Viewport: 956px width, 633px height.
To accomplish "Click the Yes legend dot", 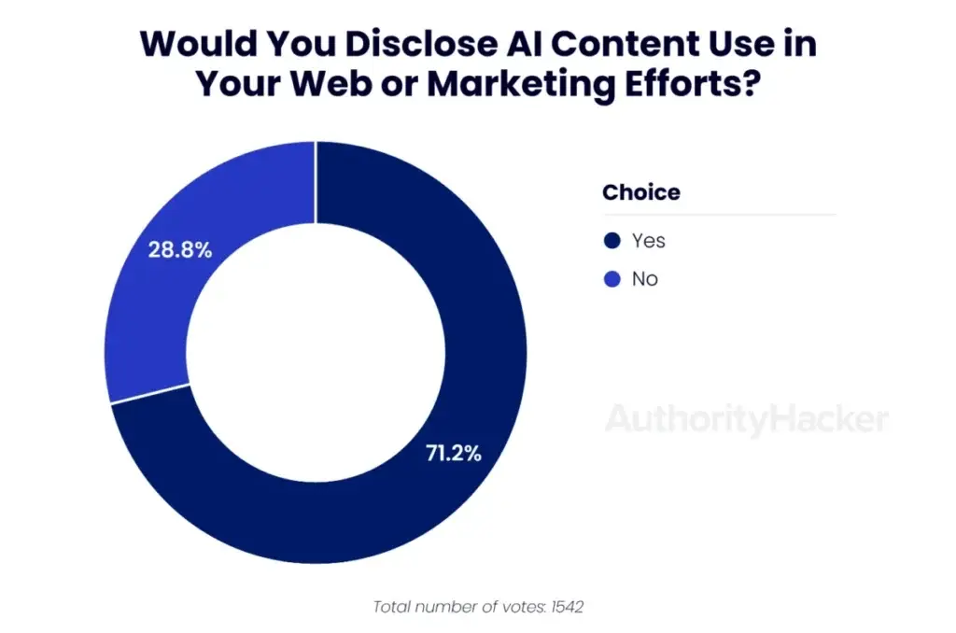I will (612, 241).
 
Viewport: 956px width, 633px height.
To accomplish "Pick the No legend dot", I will (612, 278).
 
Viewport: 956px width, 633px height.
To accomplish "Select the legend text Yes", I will (648, 241).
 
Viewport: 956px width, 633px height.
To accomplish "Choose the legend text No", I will (644, 278).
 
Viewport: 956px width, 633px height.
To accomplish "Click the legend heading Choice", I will (640, 193).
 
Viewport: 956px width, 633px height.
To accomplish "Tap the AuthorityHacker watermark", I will (746, 419).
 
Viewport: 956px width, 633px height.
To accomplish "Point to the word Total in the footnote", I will (393, 607).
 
